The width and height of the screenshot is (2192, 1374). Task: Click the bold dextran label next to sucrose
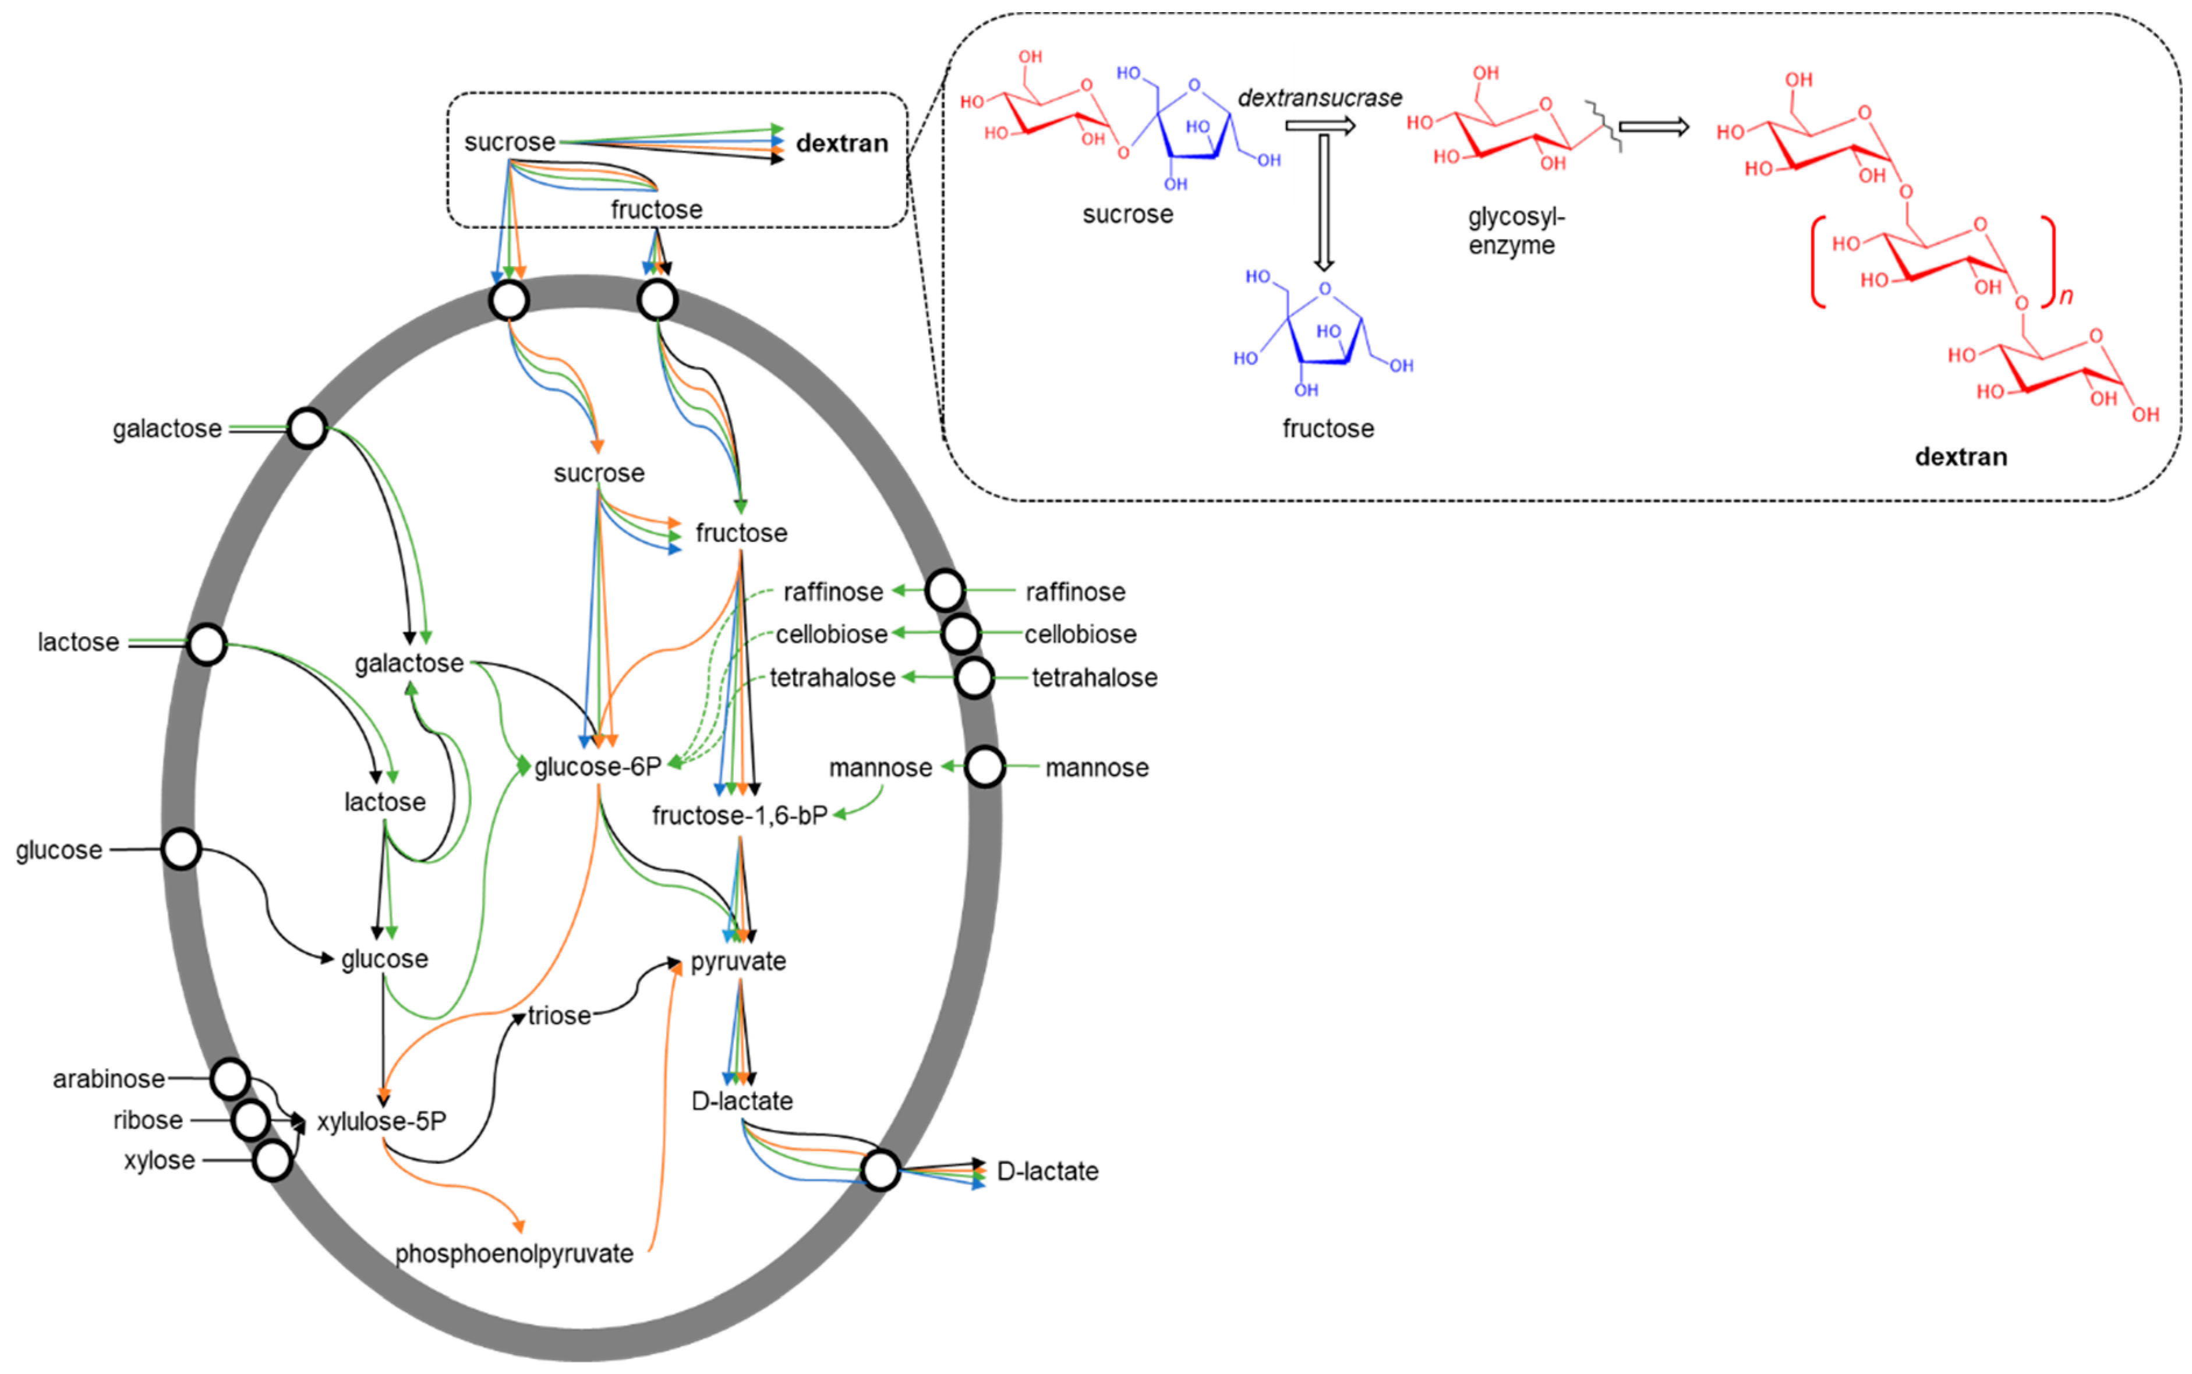842,144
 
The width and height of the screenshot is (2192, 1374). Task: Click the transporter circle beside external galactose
307,428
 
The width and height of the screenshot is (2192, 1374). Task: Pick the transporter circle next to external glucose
181,849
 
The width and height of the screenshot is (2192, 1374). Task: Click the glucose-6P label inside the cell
597,767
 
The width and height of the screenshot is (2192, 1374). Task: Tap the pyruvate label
738,961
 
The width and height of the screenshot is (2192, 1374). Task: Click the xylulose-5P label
381,1121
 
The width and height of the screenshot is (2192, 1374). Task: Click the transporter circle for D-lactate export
880,1170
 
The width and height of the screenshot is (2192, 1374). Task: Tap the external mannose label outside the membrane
1096,768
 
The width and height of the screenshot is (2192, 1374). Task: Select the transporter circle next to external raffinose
945,591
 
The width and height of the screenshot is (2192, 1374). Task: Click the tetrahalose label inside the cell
832,677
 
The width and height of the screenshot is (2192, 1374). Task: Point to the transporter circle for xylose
272,1160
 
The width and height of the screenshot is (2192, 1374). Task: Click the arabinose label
108,1079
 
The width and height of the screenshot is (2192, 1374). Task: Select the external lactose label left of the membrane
78,643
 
